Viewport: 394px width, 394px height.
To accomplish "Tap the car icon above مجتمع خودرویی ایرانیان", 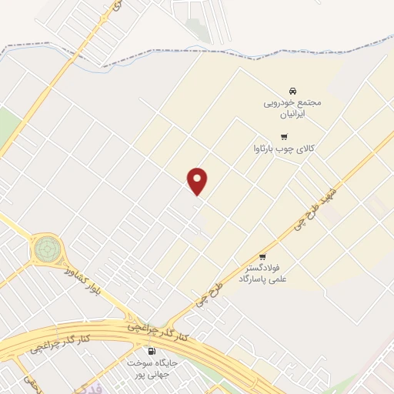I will coord(292,90).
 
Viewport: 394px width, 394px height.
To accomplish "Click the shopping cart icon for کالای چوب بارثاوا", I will coord(284,135).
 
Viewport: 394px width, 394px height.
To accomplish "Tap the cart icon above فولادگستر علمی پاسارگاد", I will coord(262,257).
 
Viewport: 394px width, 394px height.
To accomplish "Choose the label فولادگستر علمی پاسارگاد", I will coord(262,273).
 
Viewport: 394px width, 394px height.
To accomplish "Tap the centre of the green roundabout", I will coord(46,249).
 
